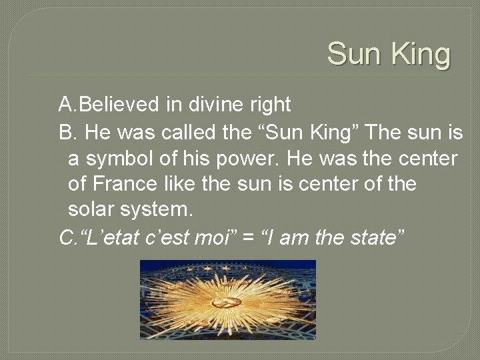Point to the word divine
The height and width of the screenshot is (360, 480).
[216, 105]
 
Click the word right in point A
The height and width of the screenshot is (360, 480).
[270, 105]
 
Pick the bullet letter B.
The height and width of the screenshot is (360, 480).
[66, 133]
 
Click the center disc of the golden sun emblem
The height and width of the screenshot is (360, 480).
[227, 302]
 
